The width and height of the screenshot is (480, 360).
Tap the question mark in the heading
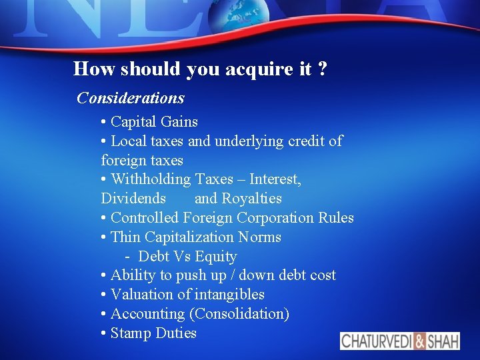tap(323, 69)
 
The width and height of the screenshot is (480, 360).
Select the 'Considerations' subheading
tap(131, 98)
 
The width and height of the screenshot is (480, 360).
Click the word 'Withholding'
tap(152, 179)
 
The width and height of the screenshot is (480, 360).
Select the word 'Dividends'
tap(133, 199)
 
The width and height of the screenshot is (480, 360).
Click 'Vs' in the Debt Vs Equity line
tap(181, 257)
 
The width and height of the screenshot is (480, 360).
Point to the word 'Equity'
tap(216, 257)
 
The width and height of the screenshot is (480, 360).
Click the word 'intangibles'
tap(229, 295)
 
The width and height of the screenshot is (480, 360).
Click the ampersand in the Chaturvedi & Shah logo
tap(419, 341)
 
